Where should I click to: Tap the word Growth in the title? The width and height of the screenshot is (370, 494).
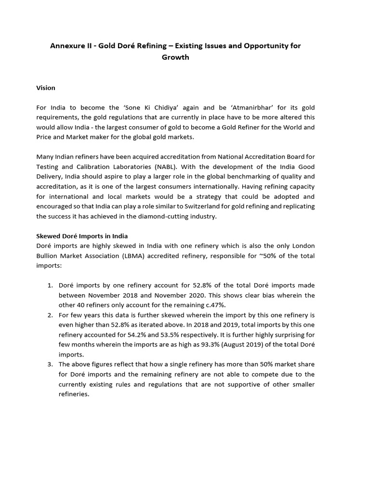point(175,57)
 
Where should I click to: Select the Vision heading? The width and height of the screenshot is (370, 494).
point(46,88)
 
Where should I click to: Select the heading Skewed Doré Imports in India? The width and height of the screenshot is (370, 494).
point(82,236)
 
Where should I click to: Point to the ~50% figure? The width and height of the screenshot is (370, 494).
point(268,256)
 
